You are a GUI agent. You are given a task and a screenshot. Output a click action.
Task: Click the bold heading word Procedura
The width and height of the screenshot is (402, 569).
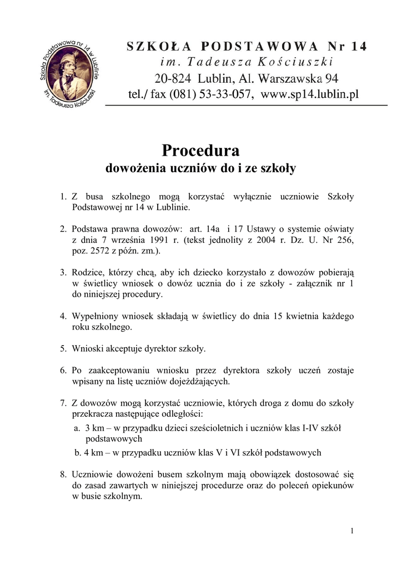(x=200, y=151)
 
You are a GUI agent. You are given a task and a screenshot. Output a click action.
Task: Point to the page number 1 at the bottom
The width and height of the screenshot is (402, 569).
(x=352, y=531)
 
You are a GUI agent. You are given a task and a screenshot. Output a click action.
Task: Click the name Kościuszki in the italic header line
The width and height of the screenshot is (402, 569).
(x=299, y=62)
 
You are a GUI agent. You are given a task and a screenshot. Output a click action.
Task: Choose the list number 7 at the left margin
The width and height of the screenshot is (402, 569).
(x=63, y=403)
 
